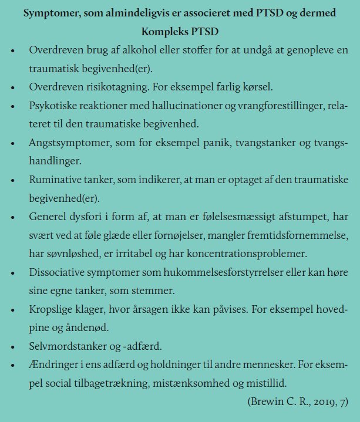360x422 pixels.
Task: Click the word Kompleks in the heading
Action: (162, 30)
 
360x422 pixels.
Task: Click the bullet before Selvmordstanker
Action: (13, 346)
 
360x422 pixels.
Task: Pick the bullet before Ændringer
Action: (13, 365)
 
